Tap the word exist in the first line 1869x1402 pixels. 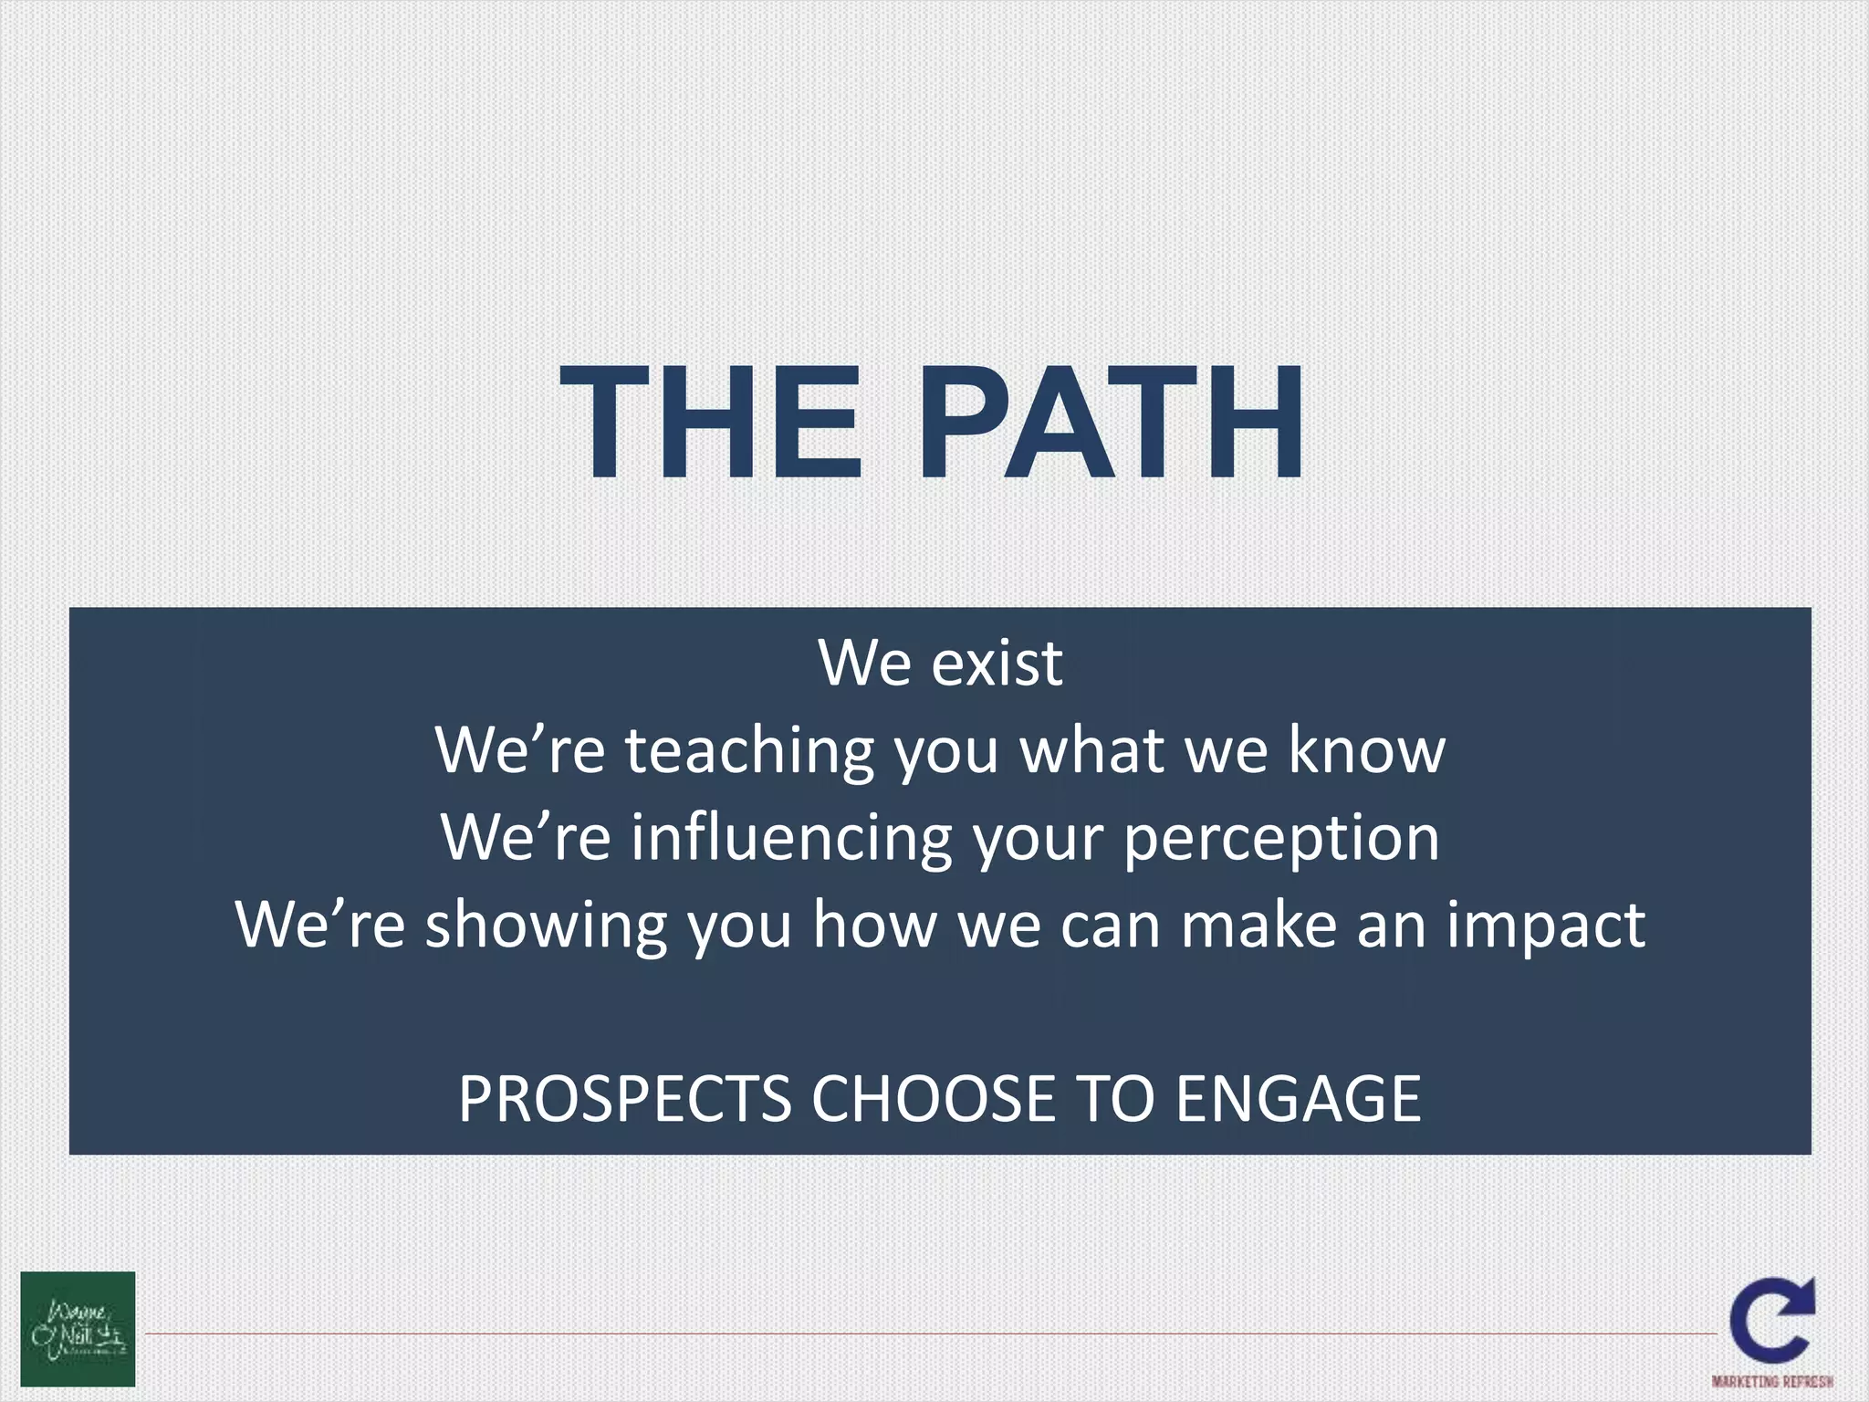coord(997,663)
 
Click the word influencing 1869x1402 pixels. coord(791,838)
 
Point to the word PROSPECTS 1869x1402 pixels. coord(624,1099)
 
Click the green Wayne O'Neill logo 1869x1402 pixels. coord(78,1328)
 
